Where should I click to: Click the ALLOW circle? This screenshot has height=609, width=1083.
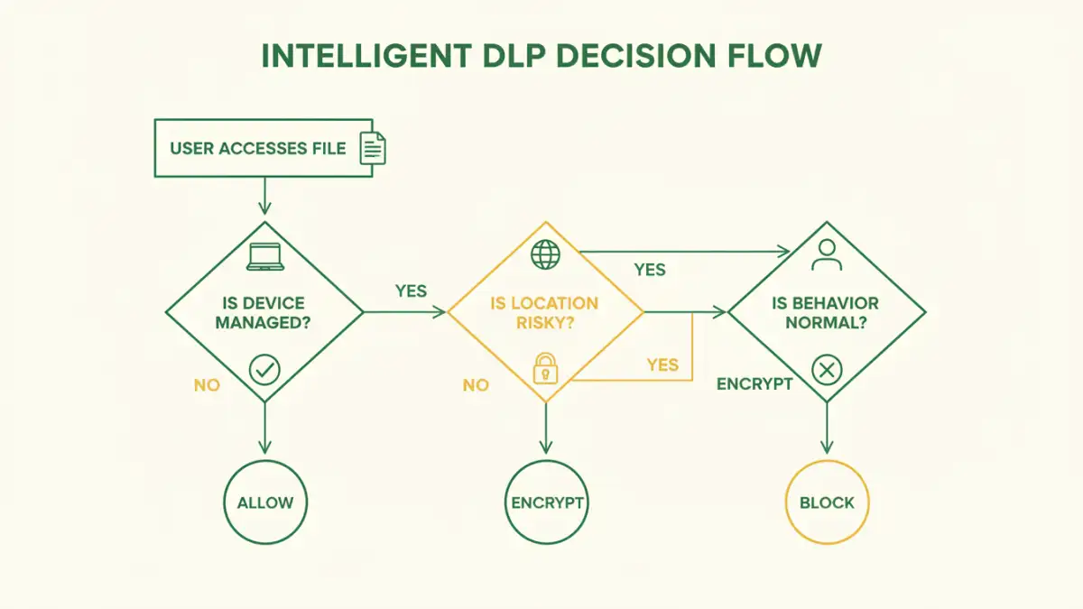[x=264, y=503]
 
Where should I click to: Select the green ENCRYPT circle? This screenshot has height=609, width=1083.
[x=547, y=503]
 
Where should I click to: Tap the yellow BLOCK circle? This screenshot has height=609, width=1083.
[x=827, y=503]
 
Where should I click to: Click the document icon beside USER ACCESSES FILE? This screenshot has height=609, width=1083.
[x=373, y=148]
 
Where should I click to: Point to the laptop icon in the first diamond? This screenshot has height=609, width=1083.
[x=264, y=257]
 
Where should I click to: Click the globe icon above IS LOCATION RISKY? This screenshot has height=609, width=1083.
[x=545, y=254]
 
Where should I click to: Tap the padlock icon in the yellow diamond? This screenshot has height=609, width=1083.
[x=545, y=368]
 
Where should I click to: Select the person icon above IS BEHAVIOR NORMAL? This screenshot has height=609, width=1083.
[x=827, y=254]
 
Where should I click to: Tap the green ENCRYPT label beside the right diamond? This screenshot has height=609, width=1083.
[x=754, y=383]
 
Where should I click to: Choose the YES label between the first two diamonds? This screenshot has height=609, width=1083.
[x=411, y=291]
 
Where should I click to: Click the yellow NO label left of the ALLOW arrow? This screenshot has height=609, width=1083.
[x=207, y=385]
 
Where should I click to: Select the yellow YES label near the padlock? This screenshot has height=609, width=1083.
[x=662, y=364]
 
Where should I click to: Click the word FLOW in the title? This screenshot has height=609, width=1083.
[x=773, y=56]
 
